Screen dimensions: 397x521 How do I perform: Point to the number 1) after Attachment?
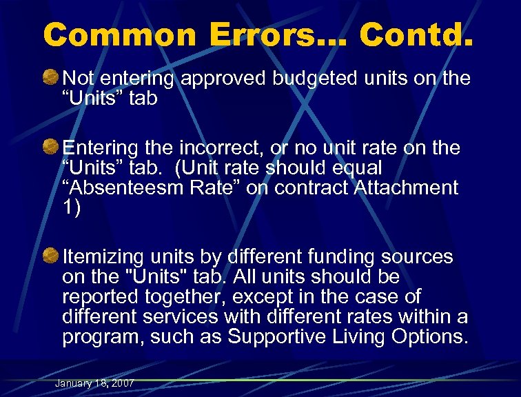72,207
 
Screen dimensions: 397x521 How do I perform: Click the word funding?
340,257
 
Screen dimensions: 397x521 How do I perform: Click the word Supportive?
278,337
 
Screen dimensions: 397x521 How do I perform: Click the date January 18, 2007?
94,383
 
